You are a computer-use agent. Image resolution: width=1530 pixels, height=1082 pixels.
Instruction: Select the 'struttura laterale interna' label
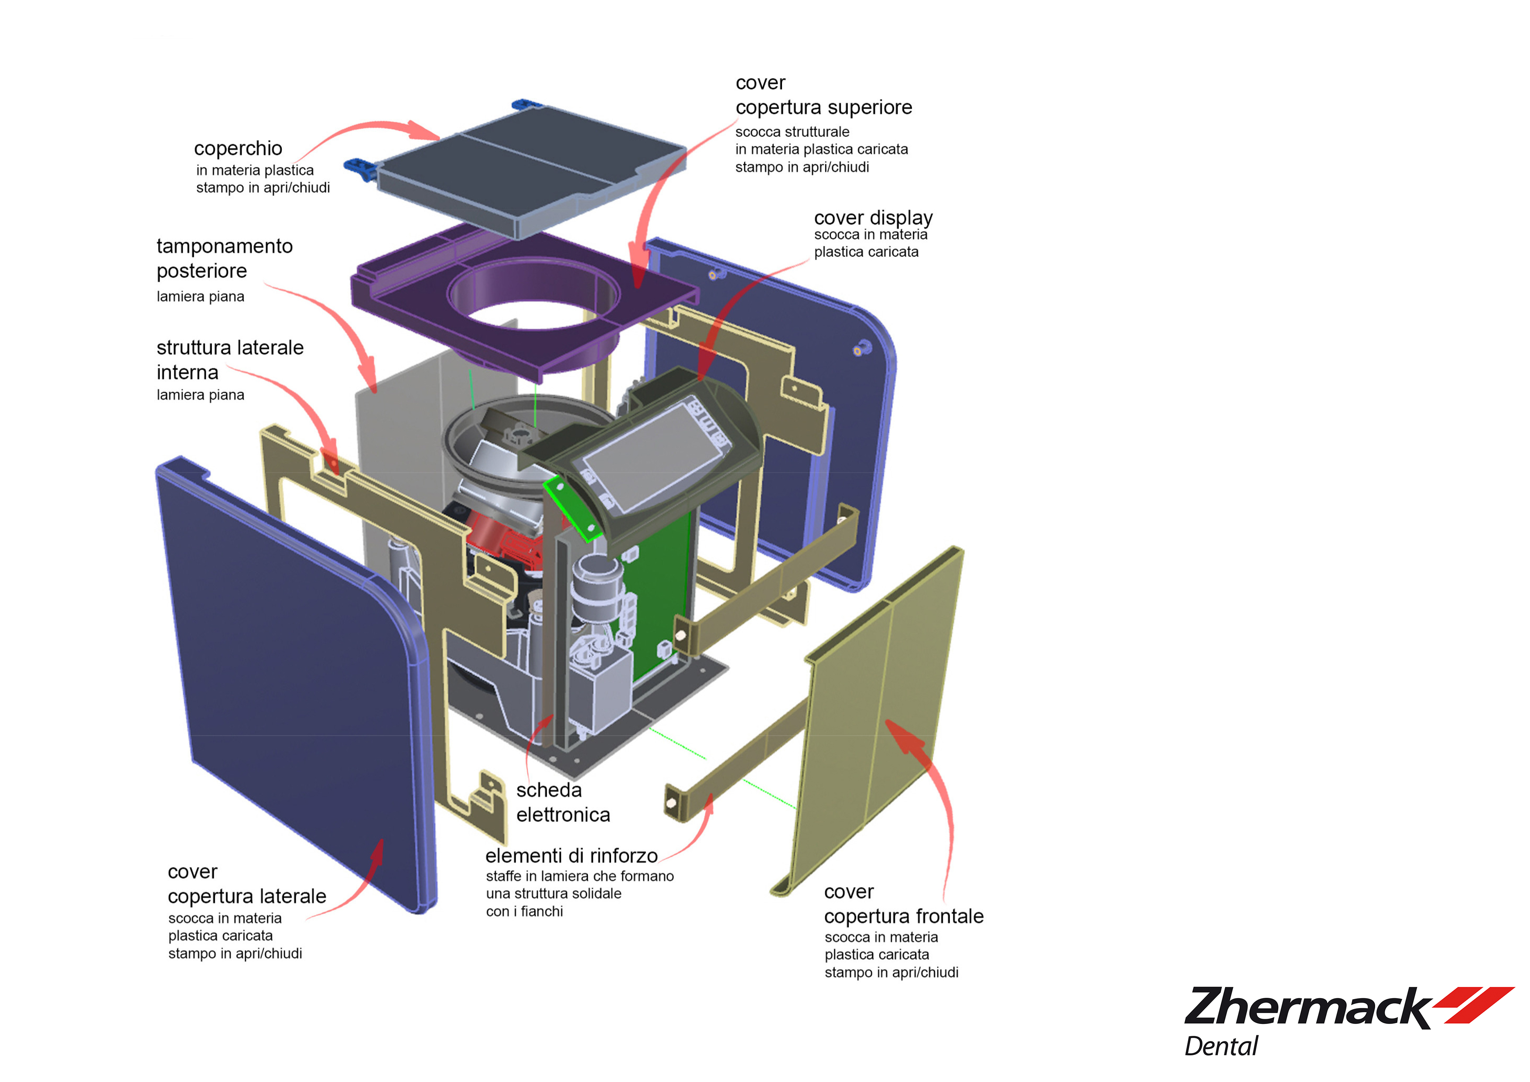pyautogui.click(x=229, y=360)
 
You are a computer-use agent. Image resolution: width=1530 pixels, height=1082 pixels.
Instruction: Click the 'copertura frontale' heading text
pyautogui.click(x=904, y=916)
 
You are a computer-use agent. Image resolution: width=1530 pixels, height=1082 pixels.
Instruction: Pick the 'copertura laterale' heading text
pyautogui.click(x=246, y=896)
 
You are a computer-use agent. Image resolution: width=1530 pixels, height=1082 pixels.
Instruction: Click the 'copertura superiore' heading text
pyautogui.click(x=823, y=107)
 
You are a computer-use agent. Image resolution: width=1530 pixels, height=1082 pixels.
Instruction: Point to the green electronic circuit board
pyautogui.click(x=660, y=600)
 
